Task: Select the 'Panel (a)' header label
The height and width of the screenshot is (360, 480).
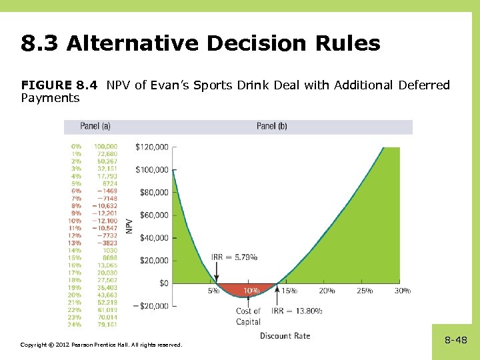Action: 95,127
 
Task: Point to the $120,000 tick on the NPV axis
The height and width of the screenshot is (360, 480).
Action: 152,147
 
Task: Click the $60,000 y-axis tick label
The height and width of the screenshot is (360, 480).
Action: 154,215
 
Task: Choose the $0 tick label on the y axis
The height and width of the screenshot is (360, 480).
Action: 163,283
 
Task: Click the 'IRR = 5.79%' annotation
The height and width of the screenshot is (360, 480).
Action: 234,257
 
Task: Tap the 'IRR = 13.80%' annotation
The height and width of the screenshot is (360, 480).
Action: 297,311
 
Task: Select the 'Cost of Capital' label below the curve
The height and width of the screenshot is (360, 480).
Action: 248,316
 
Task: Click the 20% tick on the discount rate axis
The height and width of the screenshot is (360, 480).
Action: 327,291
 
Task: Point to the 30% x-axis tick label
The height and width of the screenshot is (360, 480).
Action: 402,291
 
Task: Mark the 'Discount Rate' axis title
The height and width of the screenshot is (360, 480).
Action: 285,335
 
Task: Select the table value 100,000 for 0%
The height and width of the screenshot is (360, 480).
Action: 105,146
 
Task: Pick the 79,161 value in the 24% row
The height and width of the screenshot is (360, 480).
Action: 106,325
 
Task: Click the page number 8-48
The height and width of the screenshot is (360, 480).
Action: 455,340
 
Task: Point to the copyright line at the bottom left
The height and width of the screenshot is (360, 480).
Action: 100,344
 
